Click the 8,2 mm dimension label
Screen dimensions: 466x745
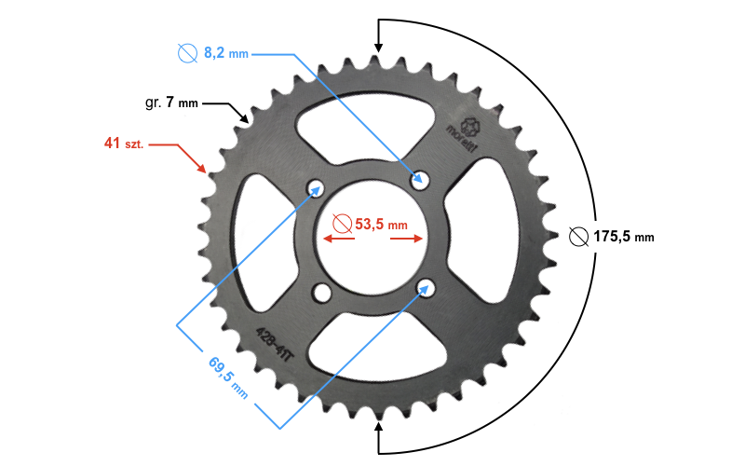(x=225, y=54)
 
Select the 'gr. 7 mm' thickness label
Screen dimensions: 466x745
(x=171, y=103)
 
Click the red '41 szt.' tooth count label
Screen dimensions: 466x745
(x=124, y=144)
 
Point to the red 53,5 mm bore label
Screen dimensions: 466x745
(x=381, y=224)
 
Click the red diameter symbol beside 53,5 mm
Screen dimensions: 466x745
(x=342, y=224)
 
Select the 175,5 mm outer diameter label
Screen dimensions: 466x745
(x=623, y=237)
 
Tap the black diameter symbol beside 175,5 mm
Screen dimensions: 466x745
(x=578, y=236)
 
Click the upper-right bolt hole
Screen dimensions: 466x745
(x=421, y=177)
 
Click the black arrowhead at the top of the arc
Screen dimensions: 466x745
(x=377, y=46)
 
